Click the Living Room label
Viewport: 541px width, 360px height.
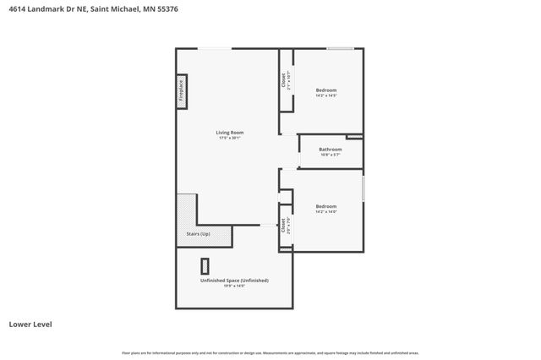(x=229, y=133)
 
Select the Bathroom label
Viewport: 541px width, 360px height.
(x=330, y=150)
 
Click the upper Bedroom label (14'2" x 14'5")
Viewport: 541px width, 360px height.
(x=326, y=90)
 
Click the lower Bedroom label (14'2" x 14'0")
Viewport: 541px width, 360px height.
(x=326, y=206)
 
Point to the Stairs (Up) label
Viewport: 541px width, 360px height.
(x=199, y=233)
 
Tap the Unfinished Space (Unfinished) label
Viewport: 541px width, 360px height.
(x=234, y=280)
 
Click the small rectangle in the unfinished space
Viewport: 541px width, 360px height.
(x=205, y=264)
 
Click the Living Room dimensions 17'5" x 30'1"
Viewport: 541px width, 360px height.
(x=229, y=139)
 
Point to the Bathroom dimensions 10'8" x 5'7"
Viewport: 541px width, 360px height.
(x=330, y=155)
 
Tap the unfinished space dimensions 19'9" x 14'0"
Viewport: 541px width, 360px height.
(x=234, y=286)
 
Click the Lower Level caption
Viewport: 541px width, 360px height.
(x=27, y=324)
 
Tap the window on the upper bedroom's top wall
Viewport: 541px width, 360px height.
(x=340, y=49)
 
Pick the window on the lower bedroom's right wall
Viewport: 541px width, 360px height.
(x=363, y=188)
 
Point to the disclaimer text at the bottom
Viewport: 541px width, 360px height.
(x=270, y=352)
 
